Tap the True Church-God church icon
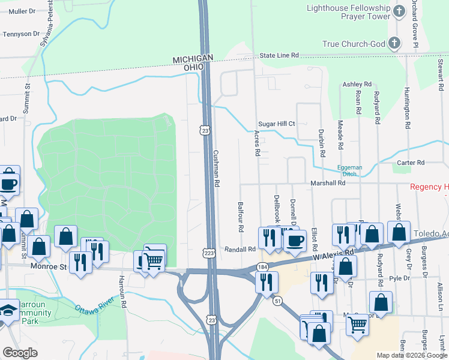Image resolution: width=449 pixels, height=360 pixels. point(394,43)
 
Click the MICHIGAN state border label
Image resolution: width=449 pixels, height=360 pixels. point(193,58)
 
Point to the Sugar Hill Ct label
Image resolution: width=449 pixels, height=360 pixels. point(273,124)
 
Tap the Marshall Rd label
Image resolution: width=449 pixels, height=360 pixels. point(328,182)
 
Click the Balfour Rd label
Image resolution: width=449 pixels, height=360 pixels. point(240,217)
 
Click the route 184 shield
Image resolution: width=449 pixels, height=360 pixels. point(262,266)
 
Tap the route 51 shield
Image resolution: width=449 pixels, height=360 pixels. point(278,300)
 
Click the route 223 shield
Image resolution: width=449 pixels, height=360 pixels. point(208,254)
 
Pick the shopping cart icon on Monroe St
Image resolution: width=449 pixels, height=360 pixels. point(154,259)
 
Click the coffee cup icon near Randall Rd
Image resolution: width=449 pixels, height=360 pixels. point(294,240)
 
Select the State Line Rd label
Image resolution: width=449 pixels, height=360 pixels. point(279,55)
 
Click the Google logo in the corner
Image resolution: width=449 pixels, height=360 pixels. point(20,353)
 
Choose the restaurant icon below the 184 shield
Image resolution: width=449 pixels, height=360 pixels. point(266,280)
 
